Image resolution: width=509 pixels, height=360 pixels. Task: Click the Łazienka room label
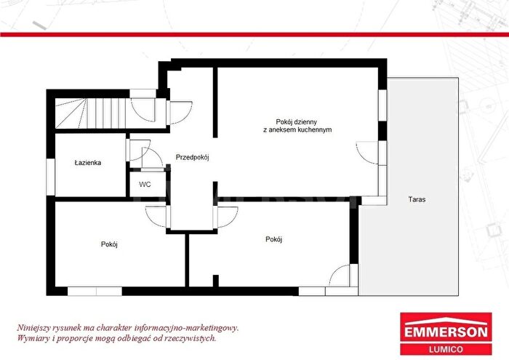[88, 163]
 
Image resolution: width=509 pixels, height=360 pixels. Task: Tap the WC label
[145, 185]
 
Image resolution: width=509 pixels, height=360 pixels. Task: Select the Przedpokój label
[192, 157]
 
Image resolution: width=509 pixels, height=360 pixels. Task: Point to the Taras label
[417, 199]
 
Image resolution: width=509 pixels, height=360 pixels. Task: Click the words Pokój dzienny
[297, 122]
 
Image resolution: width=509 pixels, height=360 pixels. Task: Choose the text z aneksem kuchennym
[297, 130]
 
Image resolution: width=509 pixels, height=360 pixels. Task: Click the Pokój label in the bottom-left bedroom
[109, 244]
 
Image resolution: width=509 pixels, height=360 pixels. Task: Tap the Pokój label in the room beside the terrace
[273, 239]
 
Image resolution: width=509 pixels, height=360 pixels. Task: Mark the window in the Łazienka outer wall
[51, 177]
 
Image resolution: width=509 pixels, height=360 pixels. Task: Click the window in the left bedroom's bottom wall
[95, 291]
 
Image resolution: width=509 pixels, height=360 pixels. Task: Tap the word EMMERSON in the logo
[446, 332]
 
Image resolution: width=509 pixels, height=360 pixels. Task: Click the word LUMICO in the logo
[446, 350]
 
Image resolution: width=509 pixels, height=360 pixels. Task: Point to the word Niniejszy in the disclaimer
[31, 328]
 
